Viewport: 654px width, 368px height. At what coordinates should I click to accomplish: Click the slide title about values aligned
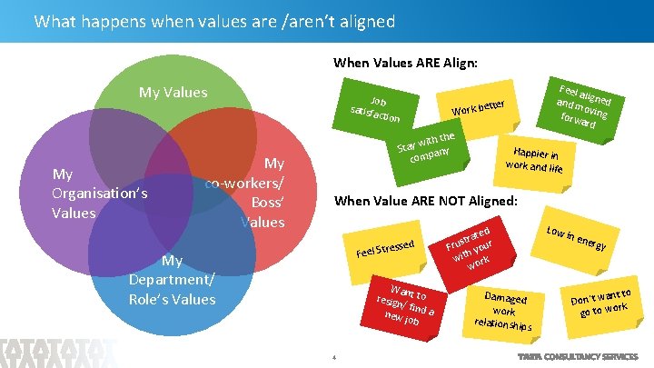202,21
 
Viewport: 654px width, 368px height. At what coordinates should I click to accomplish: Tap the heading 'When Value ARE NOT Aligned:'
427,200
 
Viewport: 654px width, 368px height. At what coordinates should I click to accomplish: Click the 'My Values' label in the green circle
173,92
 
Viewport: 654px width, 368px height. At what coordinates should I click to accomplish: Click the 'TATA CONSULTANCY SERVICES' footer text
576,357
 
